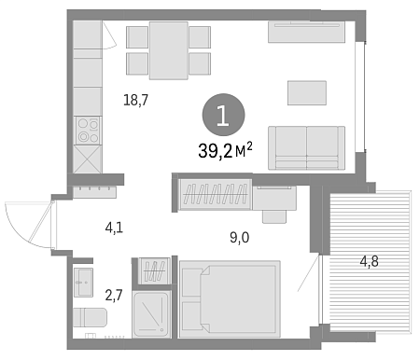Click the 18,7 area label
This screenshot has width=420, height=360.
[136, 100]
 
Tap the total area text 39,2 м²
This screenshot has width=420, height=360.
[225, 151]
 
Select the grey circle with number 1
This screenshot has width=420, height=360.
[224, 115]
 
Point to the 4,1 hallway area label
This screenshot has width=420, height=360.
[114, 228]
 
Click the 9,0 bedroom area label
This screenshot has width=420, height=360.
[240, 238]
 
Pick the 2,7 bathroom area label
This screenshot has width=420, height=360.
[114, 295]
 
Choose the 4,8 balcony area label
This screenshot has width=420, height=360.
[370, 261]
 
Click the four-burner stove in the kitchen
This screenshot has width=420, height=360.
[89, 131]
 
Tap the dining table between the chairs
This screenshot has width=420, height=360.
[168, 50]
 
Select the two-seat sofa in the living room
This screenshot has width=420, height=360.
[306, 147]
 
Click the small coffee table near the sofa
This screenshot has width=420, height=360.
[307, 93]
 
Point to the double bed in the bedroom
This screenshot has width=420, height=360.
[230, 299]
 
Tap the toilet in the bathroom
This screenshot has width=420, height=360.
[90, 317]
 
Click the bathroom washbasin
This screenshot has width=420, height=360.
[83, 283]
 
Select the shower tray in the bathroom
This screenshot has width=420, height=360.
[151, 314]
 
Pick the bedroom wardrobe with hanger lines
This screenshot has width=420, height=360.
[216, 194]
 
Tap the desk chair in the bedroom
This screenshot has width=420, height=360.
[274, 216]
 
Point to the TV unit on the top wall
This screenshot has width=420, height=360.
[306, 32]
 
